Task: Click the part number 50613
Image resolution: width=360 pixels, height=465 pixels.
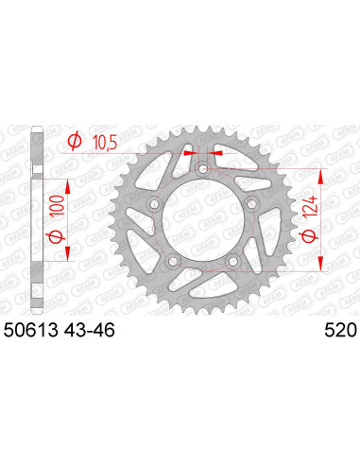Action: point(35,331)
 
